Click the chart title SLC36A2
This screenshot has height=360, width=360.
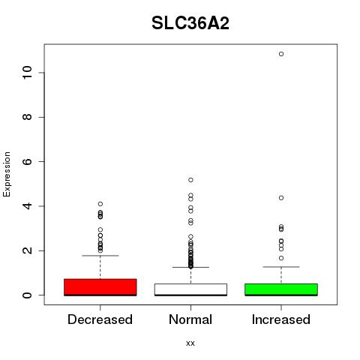point(190,23)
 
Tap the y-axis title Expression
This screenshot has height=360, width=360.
point(7,174)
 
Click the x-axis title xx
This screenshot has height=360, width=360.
point(190,343)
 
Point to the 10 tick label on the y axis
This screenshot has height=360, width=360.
point(27,73)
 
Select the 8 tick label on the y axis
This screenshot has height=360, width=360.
point(27,117)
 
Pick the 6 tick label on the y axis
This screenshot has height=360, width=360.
point(27,161)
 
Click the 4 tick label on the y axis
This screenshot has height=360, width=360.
point(27,206)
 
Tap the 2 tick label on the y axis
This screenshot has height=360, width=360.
point(27,250)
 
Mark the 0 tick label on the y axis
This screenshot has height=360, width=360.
point(27,295)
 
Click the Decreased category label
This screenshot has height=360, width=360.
point(100,319)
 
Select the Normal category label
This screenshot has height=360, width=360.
point(190,319)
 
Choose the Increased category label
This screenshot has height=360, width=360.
point(281,319)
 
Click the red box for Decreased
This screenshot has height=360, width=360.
point(100,287)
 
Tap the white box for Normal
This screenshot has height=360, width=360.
point(190,289)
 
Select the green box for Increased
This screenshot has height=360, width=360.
point(281,289)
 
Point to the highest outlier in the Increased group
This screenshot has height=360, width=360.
point(281,54)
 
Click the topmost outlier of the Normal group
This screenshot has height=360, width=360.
point(190,180)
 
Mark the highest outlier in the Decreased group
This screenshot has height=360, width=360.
point(100,204)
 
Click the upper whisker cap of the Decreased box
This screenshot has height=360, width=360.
point(100,256)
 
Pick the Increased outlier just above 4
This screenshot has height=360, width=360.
point(281,198)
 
